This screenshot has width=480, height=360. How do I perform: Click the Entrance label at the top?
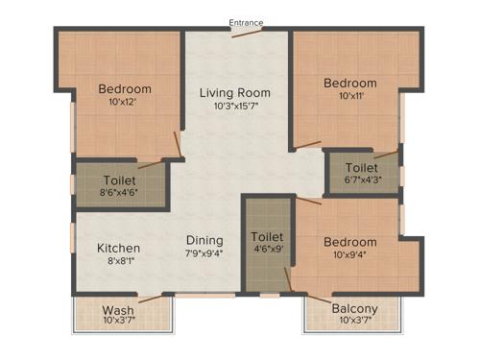(x=247, y=22)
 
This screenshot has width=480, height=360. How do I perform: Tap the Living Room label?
(x=234, y=93)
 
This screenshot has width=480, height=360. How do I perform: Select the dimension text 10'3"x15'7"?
(x=234, y=108)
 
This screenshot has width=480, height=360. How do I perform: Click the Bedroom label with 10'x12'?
(x=125, y=89)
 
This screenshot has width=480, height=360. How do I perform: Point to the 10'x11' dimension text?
(x=349, y=97)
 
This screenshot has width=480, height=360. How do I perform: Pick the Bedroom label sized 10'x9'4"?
(x=349, y=242)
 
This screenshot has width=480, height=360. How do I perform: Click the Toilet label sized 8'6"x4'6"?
(x=119, y=180)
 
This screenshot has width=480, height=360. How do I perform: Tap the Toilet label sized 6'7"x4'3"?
(x=361, y=167)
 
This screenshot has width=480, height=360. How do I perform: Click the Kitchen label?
(x=118, y=248)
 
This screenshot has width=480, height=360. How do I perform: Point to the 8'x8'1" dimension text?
(x=118, y=261)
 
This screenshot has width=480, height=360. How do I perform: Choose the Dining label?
(x=204, y=240)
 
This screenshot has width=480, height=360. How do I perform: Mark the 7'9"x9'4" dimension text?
(x=204, y=253)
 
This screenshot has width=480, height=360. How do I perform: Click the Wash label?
(x=118, y=310)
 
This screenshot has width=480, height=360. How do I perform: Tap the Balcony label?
(x=354, y=308)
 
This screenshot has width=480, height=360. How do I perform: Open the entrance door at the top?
(x=247, y=34)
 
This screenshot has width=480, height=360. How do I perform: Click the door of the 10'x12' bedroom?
(x=177, y=145)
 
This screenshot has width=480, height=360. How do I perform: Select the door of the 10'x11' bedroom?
(x=307, y=146)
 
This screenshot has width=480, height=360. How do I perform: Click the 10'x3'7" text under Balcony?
(x=354, y=321)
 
